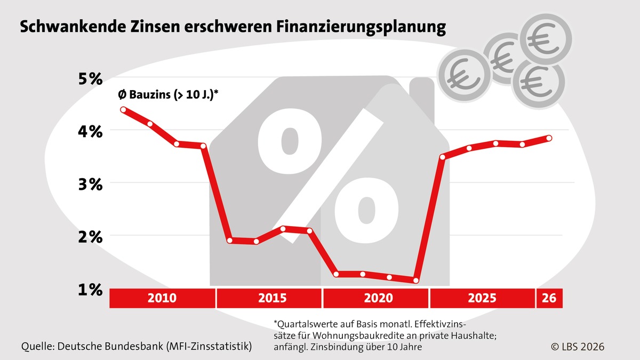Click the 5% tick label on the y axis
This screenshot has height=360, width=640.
88,79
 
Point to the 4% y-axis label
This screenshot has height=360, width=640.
88,131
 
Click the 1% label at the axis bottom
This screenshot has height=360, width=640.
88,290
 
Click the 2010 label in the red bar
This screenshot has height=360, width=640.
162,298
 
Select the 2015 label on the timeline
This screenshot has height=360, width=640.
269,298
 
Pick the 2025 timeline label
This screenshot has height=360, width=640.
482,298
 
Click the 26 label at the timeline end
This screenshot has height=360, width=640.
549,298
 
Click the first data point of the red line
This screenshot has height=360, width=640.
123,110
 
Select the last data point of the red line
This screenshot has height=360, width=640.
549,138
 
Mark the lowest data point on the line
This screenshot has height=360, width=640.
416,281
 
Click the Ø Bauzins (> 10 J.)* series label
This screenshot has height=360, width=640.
169,95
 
